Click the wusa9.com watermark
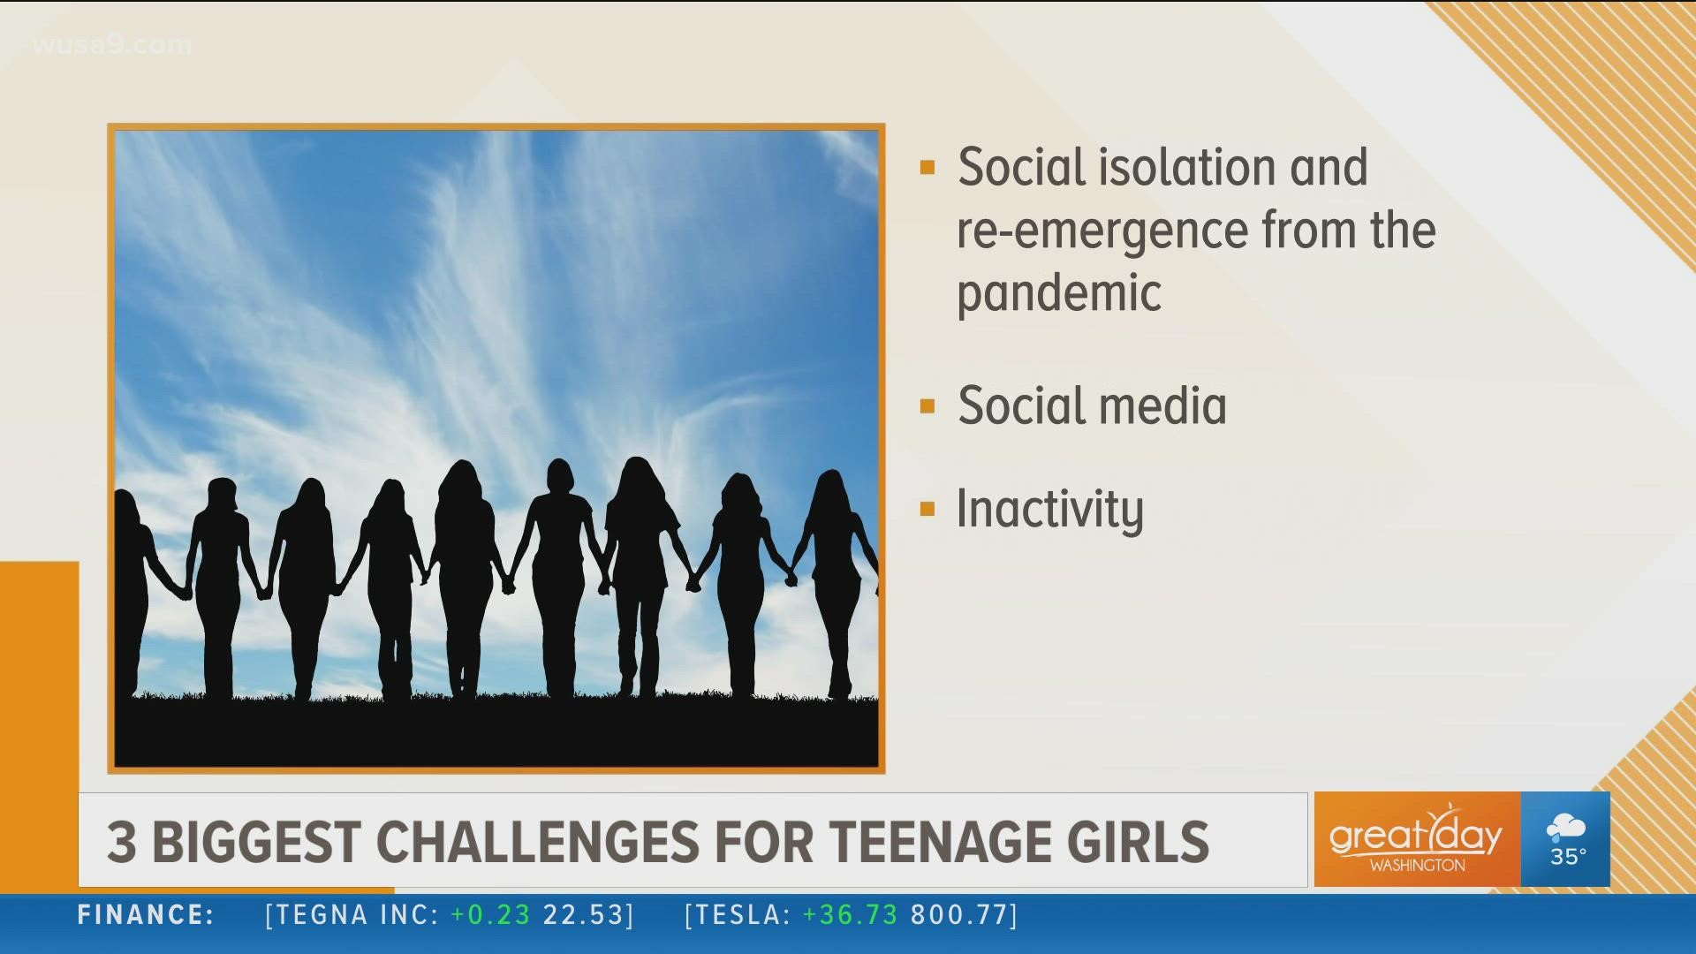coord(112,45)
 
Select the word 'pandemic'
coord(1059,293)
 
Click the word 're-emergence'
coord(1102,231)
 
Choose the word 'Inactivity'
coord(1050,510)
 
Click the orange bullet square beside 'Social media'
coord(927,406)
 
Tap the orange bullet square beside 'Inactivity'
coord(927,510)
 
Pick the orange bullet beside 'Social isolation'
coord(927,168)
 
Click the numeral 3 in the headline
coord(122,842)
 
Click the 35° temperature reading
coord(1568,857)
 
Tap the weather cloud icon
coord(1565,829)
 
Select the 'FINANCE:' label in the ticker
coord(146,915)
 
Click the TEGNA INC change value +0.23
coord(490,915)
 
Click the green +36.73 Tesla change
coord(850,915)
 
